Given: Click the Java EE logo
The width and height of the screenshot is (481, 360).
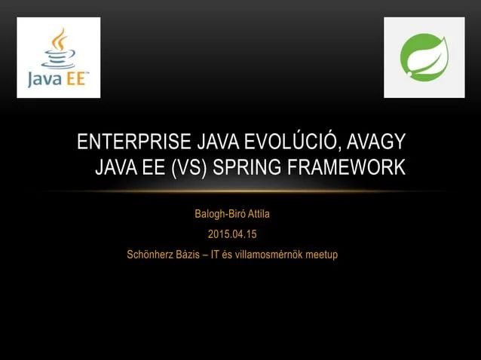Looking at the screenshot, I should click(59, 58).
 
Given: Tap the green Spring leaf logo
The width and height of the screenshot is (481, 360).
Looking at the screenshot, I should click(424, 58).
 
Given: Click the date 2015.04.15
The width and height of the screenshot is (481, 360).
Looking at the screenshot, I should click(232, 234).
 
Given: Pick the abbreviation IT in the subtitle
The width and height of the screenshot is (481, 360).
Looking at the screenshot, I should click(219, 255).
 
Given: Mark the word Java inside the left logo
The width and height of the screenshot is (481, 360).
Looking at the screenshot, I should click(44, 79).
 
